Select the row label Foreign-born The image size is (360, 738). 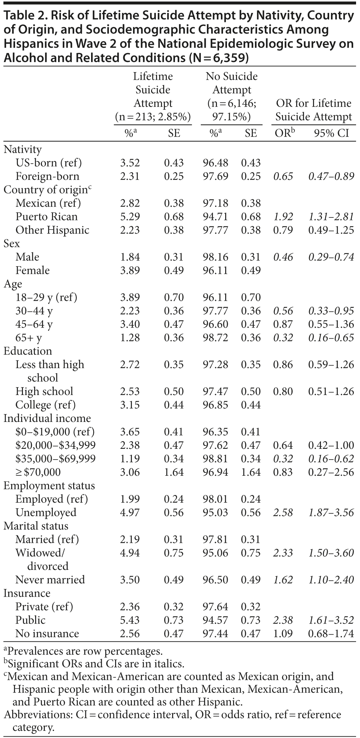tap(47, 176)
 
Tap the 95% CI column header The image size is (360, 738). tap(331, 133)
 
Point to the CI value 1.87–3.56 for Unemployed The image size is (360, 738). tap(331, 512)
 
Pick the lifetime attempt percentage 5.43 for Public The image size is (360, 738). tap(130, 620)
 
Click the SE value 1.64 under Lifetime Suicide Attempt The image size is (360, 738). tap(174, 472)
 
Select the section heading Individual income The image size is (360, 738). tap(47, 418)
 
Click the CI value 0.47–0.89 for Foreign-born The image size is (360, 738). tap(331, 176)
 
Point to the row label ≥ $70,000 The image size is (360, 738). tap(38, 472)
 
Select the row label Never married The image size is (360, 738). tap(50, 580)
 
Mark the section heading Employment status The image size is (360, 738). tap(49, 486)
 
